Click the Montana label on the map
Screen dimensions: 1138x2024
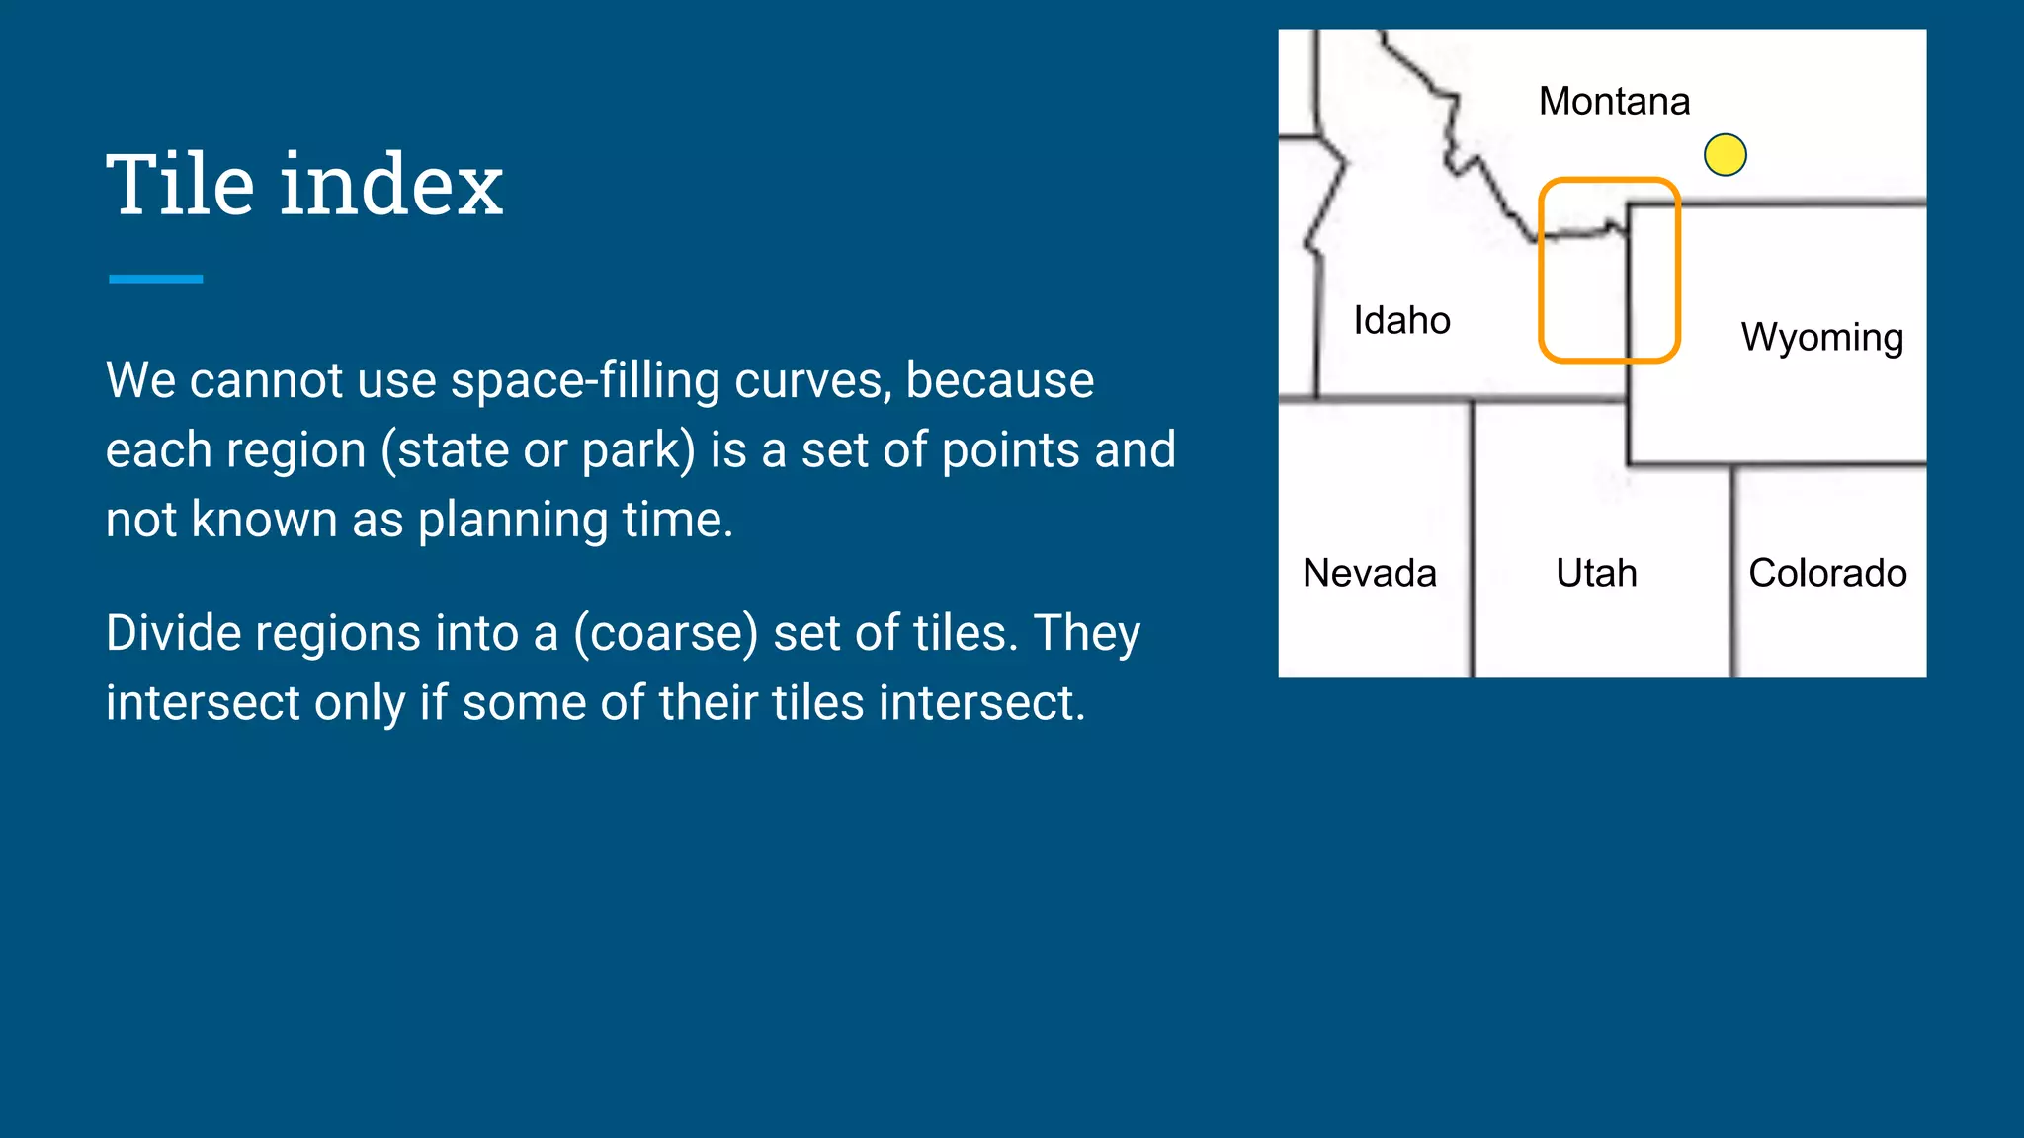(1614, 101)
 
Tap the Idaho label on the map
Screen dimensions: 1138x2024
(1401, 320)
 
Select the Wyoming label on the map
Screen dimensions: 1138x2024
(1821, 338)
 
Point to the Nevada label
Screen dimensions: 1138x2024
(1369, 573)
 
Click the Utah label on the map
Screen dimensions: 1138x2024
(1596, 573)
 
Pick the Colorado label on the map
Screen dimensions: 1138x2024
(1827, 573)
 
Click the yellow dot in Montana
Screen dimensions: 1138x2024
(1726, 155)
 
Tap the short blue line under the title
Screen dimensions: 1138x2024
(156, 279)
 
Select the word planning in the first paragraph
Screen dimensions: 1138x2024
(513, 521)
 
